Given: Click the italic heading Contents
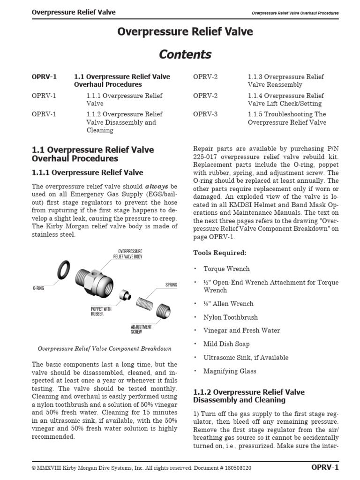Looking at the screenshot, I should point(185,54).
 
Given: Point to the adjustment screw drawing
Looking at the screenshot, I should point(163,310).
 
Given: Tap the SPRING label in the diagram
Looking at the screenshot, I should point(171,285).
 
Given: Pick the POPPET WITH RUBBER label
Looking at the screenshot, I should point(101,311).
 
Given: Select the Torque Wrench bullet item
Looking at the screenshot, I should point(226,269).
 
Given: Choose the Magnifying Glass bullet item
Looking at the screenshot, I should point(230,371).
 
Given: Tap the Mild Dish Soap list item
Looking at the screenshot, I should point(226,344).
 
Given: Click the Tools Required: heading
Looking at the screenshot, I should point(219,253).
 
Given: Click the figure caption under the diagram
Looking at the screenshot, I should point(104,348).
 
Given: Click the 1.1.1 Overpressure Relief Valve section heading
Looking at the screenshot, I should point(87,172).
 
